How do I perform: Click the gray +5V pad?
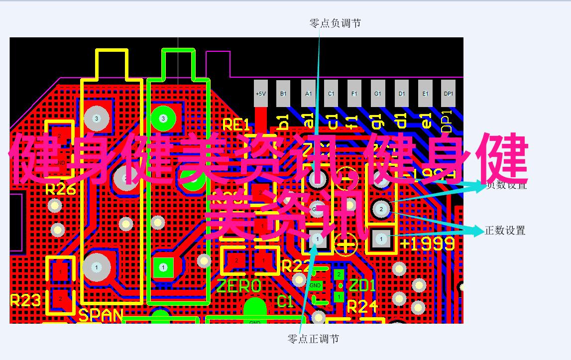coord(261,94)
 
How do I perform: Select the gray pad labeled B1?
coord(284,94)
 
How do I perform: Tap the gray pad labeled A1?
coord(308,94)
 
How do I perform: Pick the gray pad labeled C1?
coord(331,94)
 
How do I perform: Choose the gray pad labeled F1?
coord(354,94)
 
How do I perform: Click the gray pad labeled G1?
coord(378,94)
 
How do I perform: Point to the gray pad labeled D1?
coord(401,94)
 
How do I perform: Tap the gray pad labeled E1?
coord(425,94)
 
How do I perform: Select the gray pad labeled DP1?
coord(449,94)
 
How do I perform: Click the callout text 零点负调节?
coord(335,23)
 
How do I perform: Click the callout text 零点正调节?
coord(313,339)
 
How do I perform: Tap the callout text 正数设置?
coord(505,231)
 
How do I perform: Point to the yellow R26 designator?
coord(60,190)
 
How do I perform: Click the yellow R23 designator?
coord(25,301)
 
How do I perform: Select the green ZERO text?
coord(239,286)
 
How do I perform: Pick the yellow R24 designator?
coord(363,307)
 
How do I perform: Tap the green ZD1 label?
coord(362,286)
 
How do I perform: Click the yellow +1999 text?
coord(427,243)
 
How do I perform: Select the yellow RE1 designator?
coord(235,125)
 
